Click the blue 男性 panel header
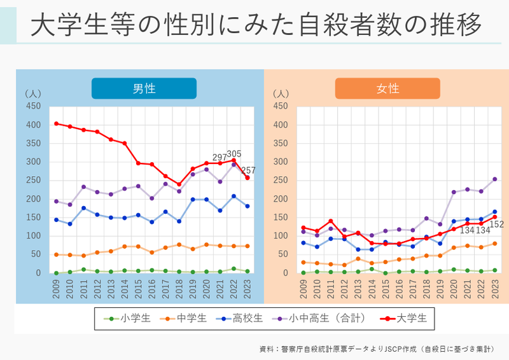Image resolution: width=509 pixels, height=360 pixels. point(144,88)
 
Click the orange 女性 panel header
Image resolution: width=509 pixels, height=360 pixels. point(387,88)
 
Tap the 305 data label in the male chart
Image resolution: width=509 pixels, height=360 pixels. point(234,154)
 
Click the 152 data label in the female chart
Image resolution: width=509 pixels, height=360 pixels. point(496,225)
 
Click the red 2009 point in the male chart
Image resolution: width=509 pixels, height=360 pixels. point(56,123)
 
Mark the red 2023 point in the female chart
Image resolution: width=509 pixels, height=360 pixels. point(494,217)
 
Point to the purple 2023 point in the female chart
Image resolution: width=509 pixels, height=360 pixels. point(494,179)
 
